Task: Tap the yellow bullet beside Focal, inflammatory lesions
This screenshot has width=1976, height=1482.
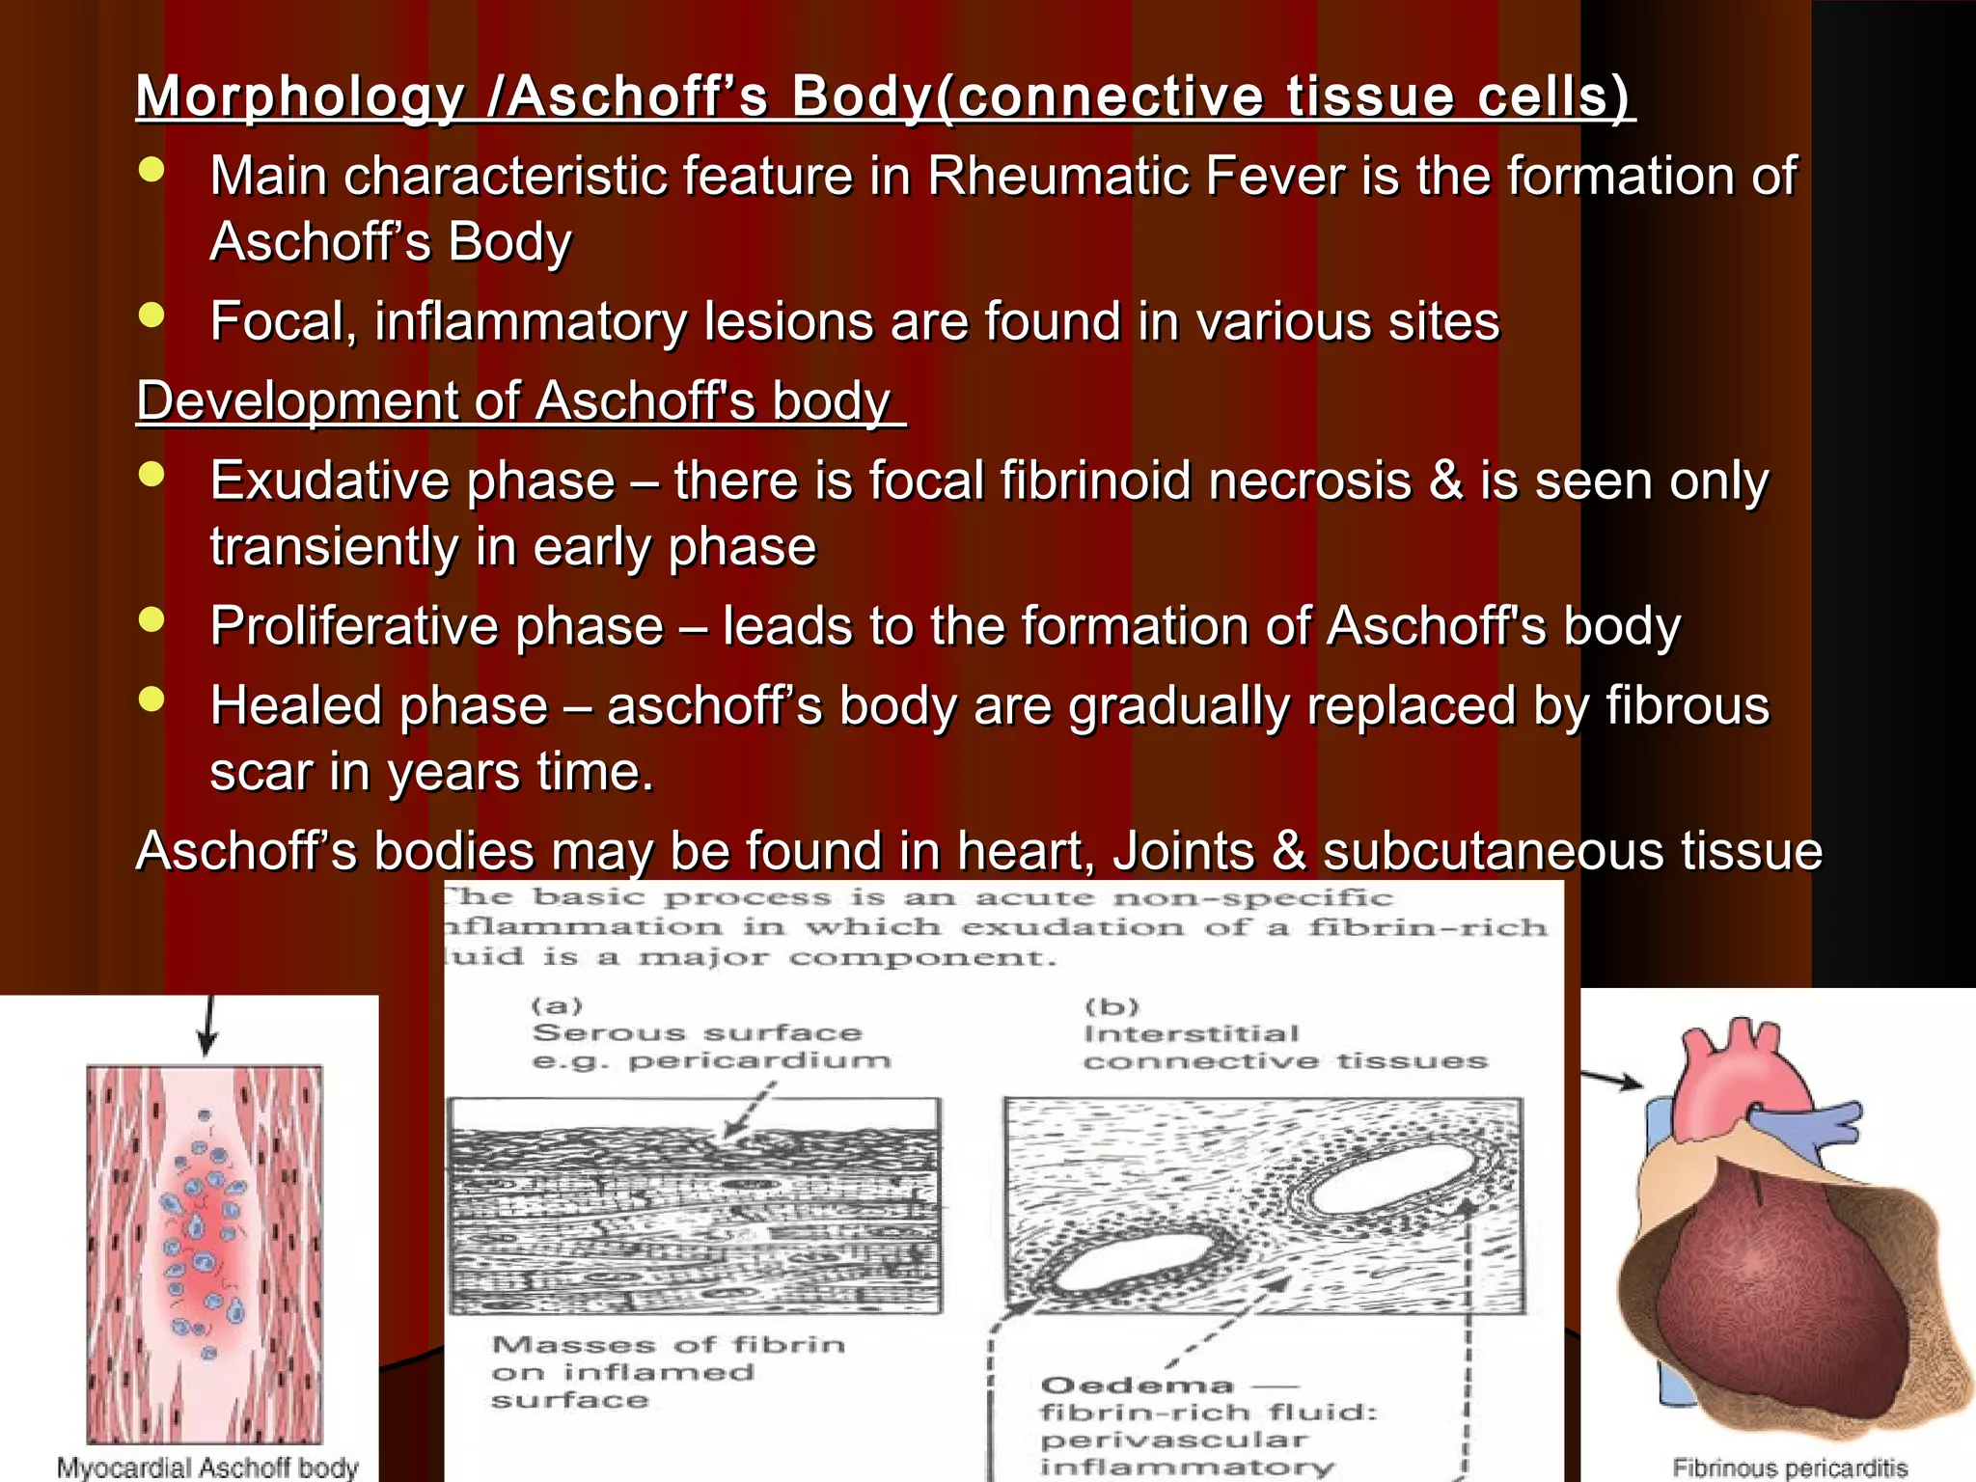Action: pos(151,316)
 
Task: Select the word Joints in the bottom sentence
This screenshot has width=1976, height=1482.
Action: pos(1183,851)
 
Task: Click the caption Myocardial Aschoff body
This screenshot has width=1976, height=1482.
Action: pos(207,1468)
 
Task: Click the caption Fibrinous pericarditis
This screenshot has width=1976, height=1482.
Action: pos(1790,1468)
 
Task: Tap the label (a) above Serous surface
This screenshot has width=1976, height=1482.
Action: pos(558,1006)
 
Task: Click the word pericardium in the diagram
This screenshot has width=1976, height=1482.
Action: pos(759,1061)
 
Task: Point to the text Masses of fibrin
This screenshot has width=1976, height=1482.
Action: pos(668,1344)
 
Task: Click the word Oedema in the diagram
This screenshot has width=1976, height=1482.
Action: pos(1138,1386)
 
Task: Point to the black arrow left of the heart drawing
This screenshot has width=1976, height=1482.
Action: pos(1613,1080)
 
